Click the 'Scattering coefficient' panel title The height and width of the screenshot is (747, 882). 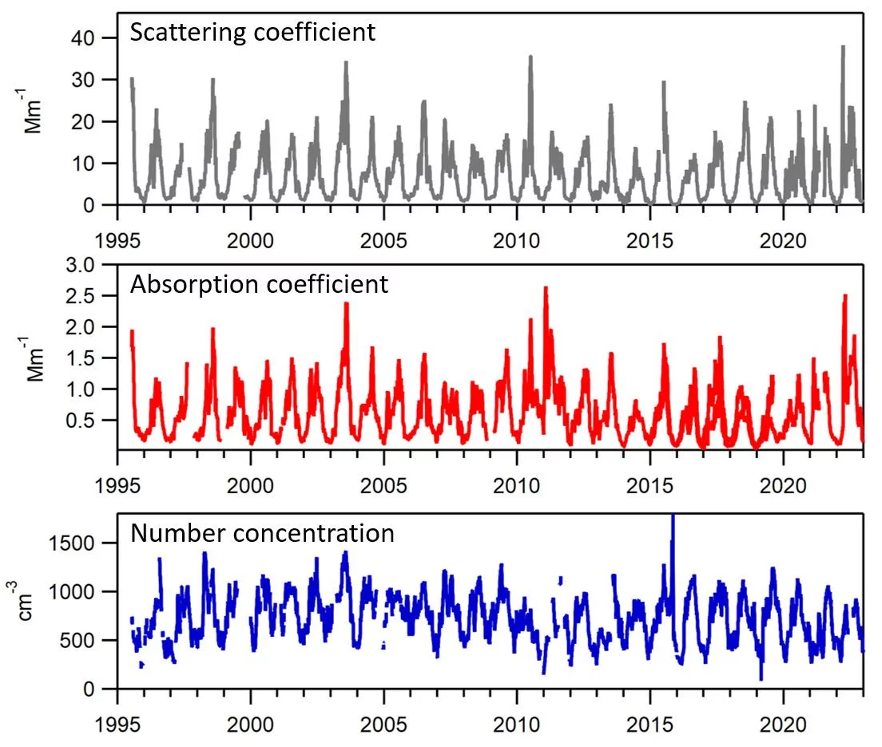(x=252, y=33)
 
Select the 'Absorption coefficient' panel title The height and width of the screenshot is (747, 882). (x=260, y=284)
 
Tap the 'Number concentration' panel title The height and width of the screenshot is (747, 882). (x=262, y=533)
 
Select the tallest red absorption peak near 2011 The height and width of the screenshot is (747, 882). (x=546, y=288)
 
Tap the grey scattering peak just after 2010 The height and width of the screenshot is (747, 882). (x=530, y=57)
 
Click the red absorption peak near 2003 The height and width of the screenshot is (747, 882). (x=347, y=303)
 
